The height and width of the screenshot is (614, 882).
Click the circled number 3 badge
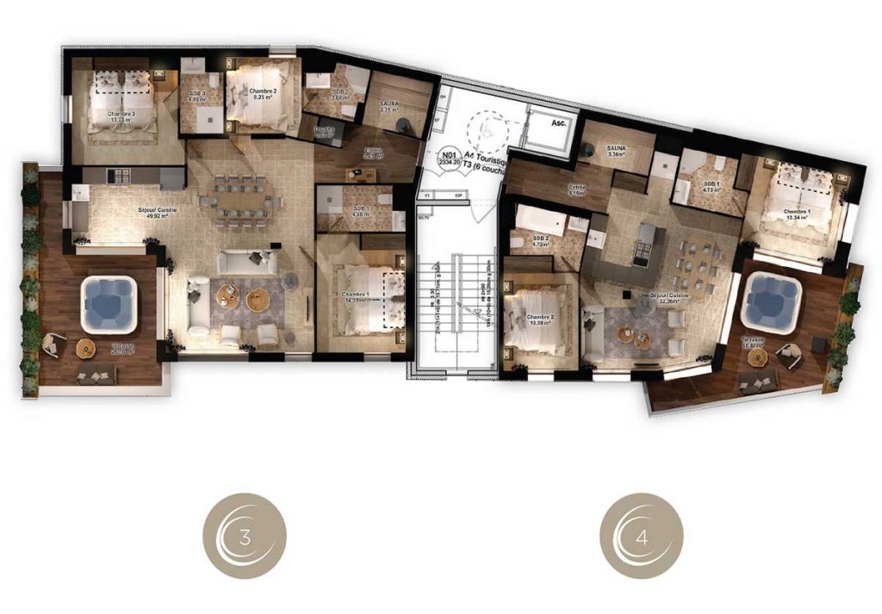point(245,536)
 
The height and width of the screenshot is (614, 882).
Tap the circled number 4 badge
point(642,536)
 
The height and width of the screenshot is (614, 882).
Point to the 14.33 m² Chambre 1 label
point(361,299)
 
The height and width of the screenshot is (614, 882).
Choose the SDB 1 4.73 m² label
point(711,188)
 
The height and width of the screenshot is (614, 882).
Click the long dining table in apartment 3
point(241,202)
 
